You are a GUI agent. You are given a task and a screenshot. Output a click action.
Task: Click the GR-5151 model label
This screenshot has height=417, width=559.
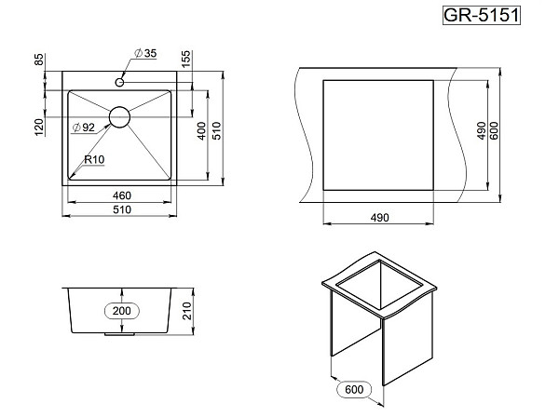[x=482, y=15]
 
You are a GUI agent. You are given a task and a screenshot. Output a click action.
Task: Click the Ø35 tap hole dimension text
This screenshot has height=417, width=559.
[x=145, y=53]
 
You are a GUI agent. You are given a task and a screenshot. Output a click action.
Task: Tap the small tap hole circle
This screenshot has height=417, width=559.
[x=120, y=82]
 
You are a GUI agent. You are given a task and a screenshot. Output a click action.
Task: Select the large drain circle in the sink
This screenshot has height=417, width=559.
[x=119, y=116]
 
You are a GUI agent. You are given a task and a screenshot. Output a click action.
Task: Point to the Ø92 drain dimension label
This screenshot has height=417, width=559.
[x=84, y=128]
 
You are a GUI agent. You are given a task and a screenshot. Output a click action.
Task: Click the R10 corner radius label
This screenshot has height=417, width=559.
[x=94, y=159]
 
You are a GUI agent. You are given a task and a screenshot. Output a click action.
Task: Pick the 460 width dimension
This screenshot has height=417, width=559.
[x=122, y=195]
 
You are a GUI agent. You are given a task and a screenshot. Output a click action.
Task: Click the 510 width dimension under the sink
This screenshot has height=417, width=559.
[x=122, y=209]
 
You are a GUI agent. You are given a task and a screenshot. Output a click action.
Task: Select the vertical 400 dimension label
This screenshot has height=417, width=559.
[x=202, y=130]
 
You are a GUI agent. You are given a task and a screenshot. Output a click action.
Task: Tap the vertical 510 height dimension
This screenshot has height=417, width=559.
[x=217, y=130]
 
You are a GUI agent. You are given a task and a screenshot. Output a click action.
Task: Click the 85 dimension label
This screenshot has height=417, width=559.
[x=39, y=60]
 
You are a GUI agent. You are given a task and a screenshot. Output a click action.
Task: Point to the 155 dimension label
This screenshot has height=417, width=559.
[x=186, y=60]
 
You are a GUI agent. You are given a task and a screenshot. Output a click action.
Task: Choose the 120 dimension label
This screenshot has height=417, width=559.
[x=39, y=128]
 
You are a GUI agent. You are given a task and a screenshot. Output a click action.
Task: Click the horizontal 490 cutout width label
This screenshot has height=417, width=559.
[x=380, y=218]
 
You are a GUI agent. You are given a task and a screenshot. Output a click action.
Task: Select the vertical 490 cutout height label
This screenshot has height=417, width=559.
[x=482, y=130]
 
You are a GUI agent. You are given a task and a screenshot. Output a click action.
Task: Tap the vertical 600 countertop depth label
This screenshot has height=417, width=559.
[x=494, y=130]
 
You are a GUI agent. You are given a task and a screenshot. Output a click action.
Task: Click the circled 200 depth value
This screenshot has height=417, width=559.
[x=122, y=311]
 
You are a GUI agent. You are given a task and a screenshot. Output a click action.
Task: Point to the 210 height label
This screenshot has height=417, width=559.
[x=187, y=311]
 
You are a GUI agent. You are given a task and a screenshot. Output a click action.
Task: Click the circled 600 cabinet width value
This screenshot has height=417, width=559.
[x=354, y=389]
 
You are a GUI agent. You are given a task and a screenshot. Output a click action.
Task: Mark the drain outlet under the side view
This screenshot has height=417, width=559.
[x=119, y=334]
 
